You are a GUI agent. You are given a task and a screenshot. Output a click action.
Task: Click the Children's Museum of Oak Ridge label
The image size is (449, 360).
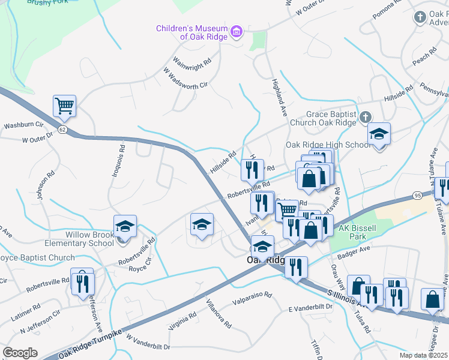point(191,32)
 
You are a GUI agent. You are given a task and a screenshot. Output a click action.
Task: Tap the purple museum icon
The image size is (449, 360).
point(237,31)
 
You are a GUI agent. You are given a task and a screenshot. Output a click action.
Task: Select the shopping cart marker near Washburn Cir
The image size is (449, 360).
point(64,106)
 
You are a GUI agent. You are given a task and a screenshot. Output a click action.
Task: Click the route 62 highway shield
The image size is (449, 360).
point(62,129)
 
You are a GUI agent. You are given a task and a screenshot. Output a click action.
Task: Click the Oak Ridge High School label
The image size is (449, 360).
point(328,145)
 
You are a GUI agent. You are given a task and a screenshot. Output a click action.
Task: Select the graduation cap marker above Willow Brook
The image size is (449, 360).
point(125,227)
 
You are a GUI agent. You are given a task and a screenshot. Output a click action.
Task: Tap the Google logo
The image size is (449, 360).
point(20,353)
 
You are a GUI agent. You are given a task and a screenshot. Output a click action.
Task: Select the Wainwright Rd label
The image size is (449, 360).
point(192,61)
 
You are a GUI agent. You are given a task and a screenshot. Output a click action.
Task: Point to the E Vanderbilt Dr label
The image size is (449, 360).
point(310,307)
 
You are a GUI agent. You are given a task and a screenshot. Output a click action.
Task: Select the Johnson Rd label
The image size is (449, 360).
point(41,187)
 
